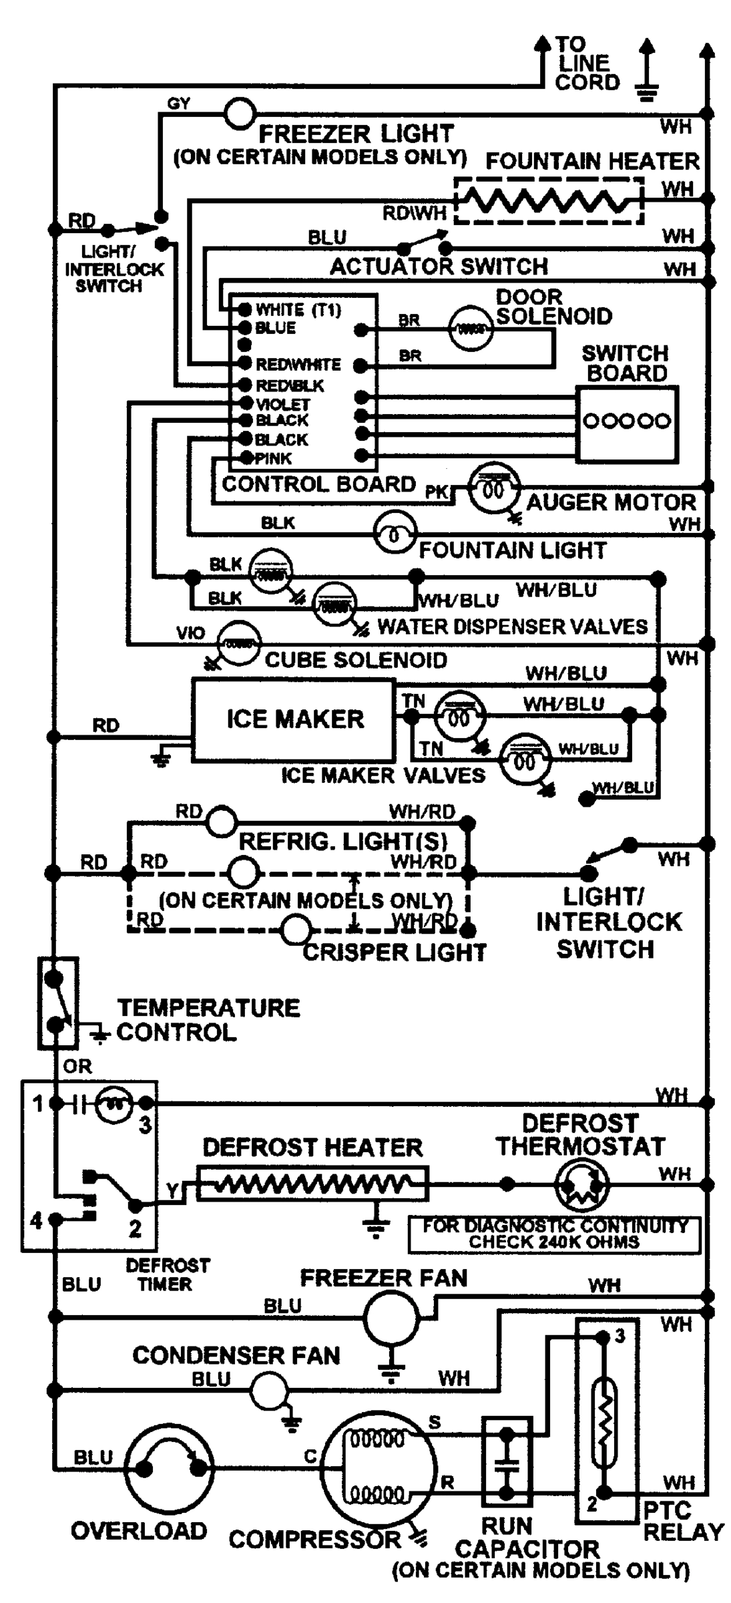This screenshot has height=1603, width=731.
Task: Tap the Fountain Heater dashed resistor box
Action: click(x=548, y=200)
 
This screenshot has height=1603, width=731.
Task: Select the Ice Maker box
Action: click(x=293, y=719)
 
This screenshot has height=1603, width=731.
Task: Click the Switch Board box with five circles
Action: click(x=627, y=423)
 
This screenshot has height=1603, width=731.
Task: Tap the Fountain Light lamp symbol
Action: click(x=394, y=534)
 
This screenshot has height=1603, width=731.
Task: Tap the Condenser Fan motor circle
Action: click(x=268, y=1390)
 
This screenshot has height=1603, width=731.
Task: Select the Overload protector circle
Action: click(x=170, y=1467)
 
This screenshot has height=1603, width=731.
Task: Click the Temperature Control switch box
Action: click(x=57, y=1002)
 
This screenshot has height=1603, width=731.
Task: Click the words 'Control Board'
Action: click(x=318, y=484)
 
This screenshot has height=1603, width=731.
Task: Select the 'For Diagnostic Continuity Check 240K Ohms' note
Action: click(x=554, y=1234)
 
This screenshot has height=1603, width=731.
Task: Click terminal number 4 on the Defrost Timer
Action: click(x=37, y=1220)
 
